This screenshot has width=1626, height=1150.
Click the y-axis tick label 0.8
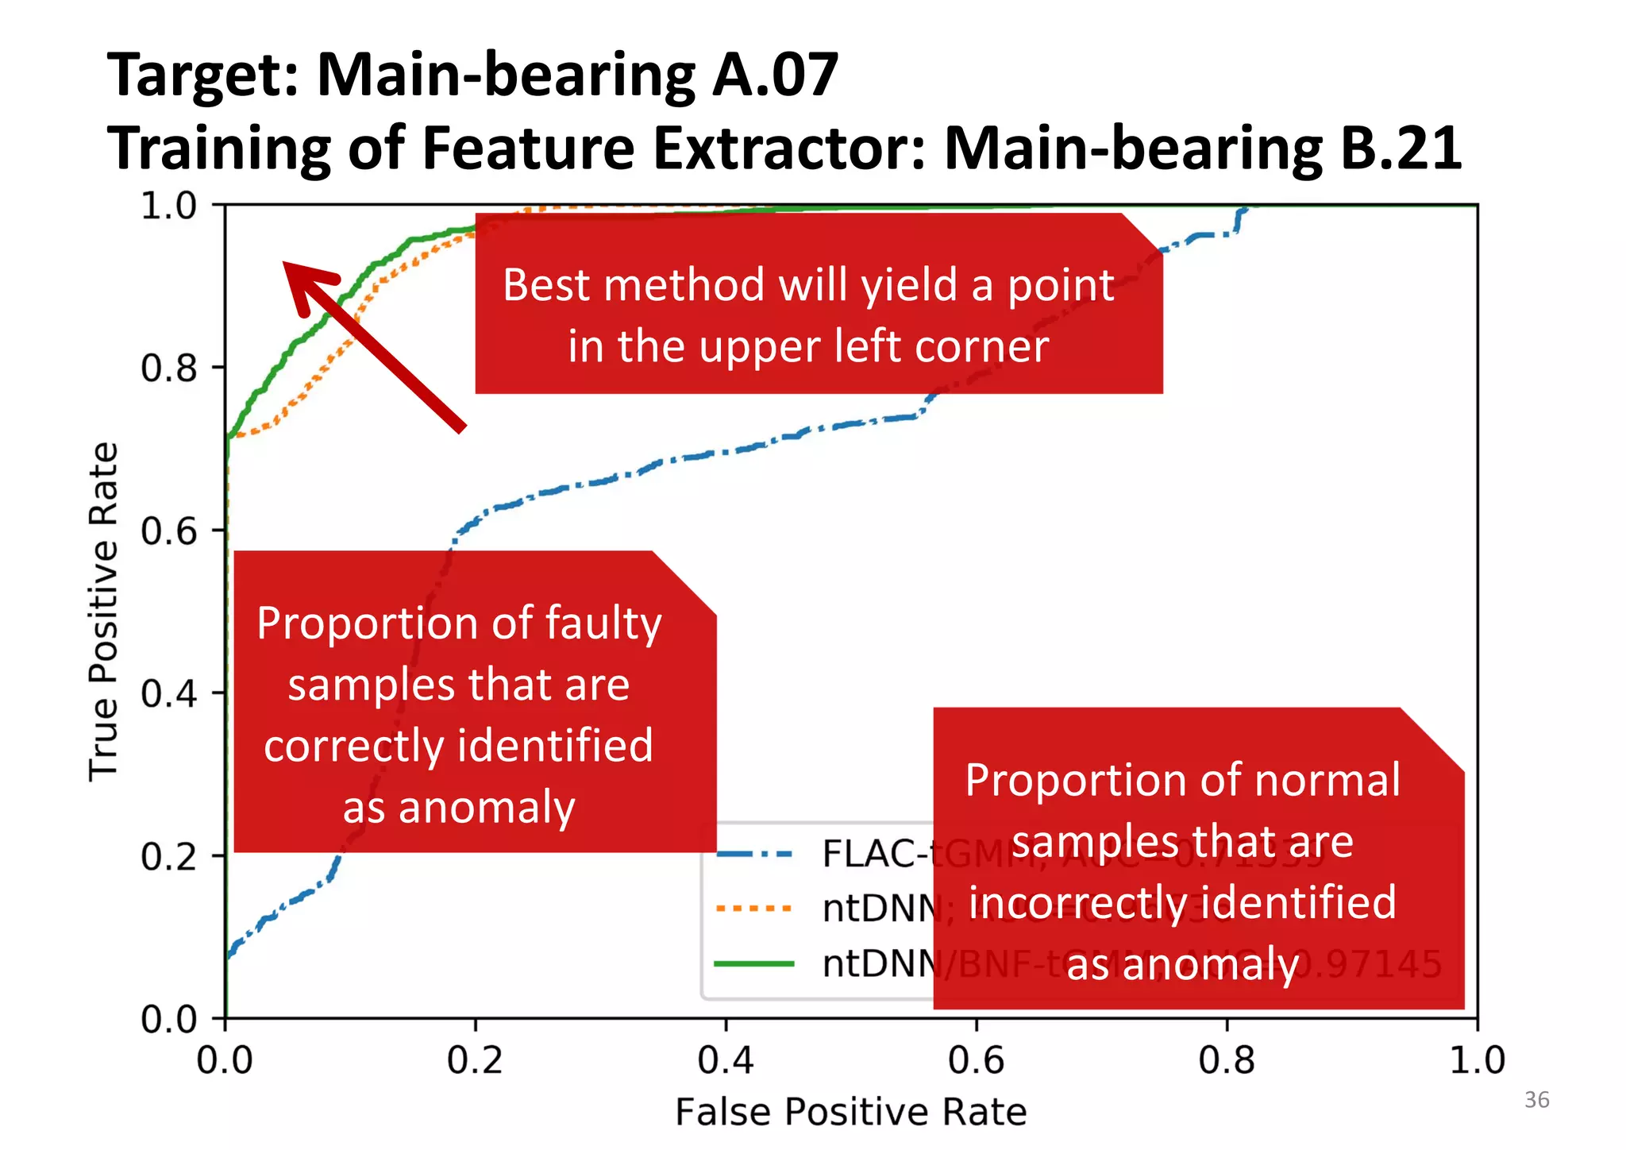point(168,369)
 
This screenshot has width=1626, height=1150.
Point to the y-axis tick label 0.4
point(168,694)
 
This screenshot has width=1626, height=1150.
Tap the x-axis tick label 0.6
point(976,1061)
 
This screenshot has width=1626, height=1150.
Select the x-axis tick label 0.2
point(475,1061)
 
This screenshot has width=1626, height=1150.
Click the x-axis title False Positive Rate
point(850,1112)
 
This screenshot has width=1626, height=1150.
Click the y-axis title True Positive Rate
point(103,612)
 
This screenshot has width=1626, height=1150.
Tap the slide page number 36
point(1536,1100)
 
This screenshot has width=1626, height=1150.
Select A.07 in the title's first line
point(775,75)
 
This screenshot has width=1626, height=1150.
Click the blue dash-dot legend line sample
point(754,855)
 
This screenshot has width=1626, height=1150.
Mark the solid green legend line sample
point(754,964)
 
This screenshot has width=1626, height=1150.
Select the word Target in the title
point(202,75)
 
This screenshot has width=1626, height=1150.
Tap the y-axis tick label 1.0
point(168,206)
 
